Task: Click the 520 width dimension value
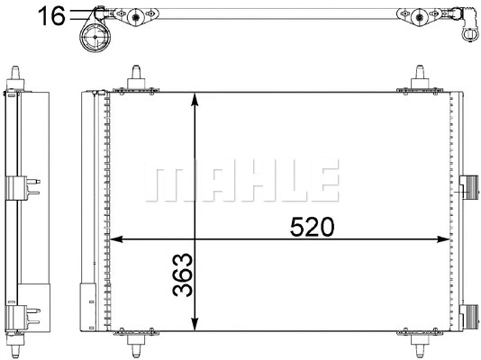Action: click(313, 227)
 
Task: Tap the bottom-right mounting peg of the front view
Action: click(421, 346)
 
